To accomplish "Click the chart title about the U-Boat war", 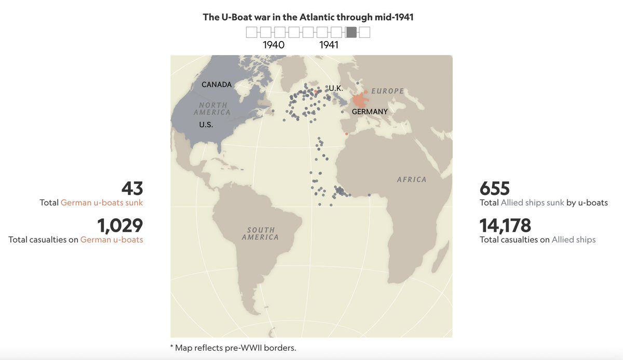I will coord(308,17).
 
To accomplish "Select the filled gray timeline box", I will coord(351,32).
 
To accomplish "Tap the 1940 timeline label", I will coord(274,45).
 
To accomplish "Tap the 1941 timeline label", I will coord(329,45).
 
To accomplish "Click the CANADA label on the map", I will coord(216,85).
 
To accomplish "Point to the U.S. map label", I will coord(206,125).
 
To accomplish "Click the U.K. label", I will coord(336,89).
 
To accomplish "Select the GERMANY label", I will coord(370,112).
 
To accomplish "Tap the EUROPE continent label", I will coord(387,91).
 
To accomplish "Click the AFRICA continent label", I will coord(411,180).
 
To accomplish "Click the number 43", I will coord(132,189).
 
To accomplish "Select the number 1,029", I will coord(120,225).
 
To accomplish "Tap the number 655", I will coord(495,189).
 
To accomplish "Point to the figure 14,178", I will coord(505,225).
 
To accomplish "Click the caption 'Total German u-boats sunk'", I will coord(91,203).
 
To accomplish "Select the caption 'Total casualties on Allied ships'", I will coord(537,239).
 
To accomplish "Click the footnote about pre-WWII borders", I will coord(233,348).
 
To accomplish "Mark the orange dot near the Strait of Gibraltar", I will coord(347,134).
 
